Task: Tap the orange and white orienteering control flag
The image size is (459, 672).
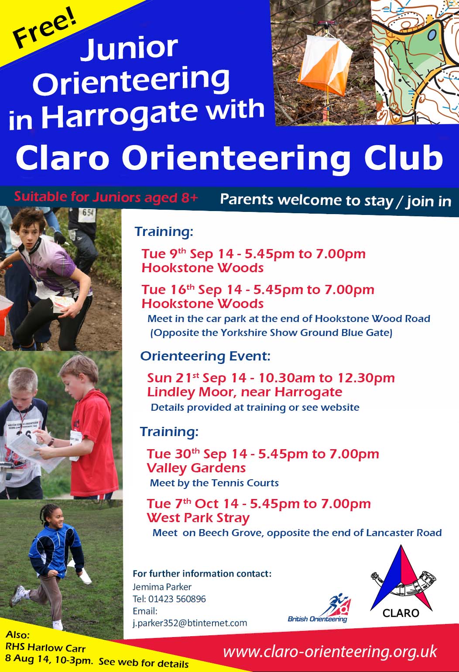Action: [x=325, y=66]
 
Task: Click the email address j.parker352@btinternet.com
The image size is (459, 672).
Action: [x=190, y=623]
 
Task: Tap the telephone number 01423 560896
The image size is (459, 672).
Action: [x=177, y=599]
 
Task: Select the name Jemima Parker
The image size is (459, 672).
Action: [x=162, y=587]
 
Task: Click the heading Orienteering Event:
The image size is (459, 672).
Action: [x=205, y=357]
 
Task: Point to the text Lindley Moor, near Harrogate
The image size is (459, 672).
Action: [x=245, y=392]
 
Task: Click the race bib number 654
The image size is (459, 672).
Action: [x=88, y=213]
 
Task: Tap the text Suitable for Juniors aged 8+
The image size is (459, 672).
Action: [x=106, y=197]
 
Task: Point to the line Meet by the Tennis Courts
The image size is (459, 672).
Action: [x=214, y=483]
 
